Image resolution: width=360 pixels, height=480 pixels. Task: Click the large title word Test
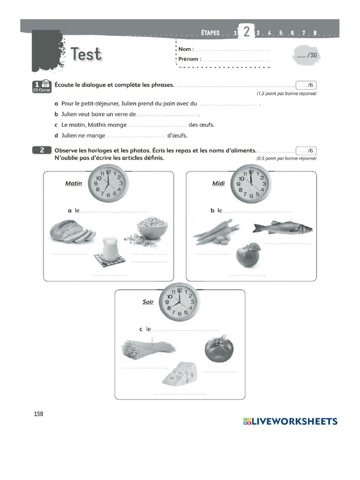(86, 54)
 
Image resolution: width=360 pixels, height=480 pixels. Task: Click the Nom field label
(185, 49)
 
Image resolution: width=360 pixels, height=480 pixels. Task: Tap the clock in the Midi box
(251, 184)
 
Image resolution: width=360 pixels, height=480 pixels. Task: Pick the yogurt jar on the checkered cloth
(110, 250)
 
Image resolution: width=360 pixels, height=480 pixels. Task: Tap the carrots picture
(215, 232)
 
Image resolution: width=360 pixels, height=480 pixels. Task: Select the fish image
(282, 228)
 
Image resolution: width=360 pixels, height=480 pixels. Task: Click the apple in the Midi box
(247, 255)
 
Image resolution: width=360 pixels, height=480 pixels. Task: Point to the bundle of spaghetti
(147, 349)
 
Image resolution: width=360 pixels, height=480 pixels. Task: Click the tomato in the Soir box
(218, 349)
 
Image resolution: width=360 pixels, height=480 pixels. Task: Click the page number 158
(38, 414)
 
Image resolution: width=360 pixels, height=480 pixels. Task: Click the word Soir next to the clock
(148, 302)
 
